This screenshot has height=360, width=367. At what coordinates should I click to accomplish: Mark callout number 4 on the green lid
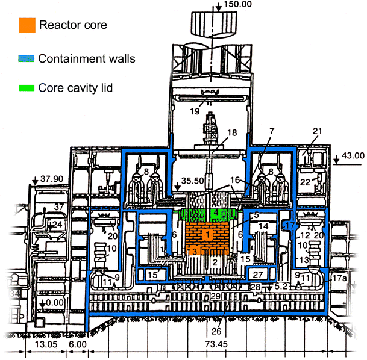pos(215,213)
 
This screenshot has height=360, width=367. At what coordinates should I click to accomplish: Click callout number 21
pos(318,131)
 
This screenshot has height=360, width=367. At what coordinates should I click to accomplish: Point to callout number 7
pos(272,131)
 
